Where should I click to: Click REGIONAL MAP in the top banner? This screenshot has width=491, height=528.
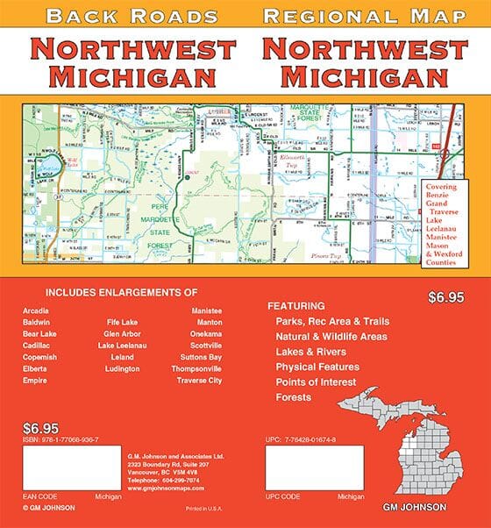tap(361, 15)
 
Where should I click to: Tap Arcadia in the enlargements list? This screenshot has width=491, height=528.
tap(37, 310)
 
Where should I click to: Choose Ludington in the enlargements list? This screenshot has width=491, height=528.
tap(122, 368)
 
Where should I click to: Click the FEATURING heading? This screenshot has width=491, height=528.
tap(295, 306)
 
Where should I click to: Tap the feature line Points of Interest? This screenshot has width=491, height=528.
tap(316, 382)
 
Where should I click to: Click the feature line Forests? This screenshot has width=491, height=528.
tap(294, 396)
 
